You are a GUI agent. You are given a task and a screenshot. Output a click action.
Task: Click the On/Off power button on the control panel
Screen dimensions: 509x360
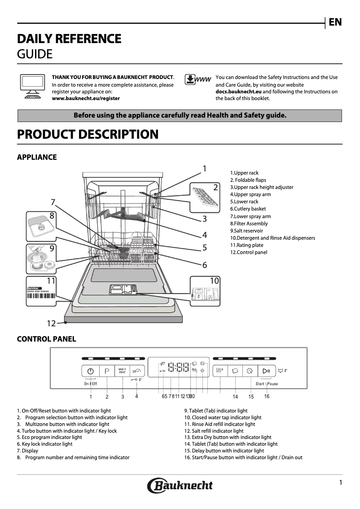91,371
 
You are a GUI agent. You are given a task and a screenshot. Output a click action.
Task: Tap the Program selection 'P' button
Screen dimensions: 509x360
107,371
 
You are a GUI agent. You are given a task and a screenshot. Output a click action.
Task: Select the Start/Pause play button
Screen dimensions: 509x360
267,371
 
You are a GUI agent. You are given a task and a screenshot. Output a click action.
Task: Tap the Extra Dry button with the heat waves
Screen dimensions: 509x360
220,371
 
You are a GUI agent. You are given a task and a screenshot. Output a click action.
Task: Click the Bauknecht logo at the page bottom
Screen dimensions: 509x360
180,485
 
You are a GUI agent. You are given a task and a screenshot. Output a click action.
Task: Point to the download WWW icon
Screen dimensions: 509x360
197,80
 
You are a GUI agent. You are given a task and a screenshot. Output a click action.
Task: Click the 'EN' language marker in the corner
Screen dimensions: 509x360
335,22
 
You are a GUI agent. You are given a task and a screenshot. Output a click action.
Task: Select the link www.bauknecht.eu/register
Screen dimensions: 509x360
86,98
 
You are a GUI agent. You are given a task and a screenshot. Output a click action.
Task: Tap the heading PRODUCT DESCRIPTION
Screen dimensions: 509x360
88,134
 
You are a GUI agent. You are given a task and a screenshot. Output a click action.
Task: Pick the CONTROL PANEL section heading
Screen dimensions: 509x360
46,339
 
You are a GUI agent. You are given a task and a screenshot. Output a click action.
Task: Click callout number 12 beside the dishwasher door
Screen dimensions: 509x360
51,323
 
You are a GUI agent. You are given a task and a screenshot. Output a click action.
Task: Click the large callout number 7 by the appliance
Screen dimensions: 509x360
53,202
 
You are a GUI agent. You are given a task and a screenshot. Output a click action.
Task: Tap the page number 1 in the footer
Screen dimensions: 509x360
341,483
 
